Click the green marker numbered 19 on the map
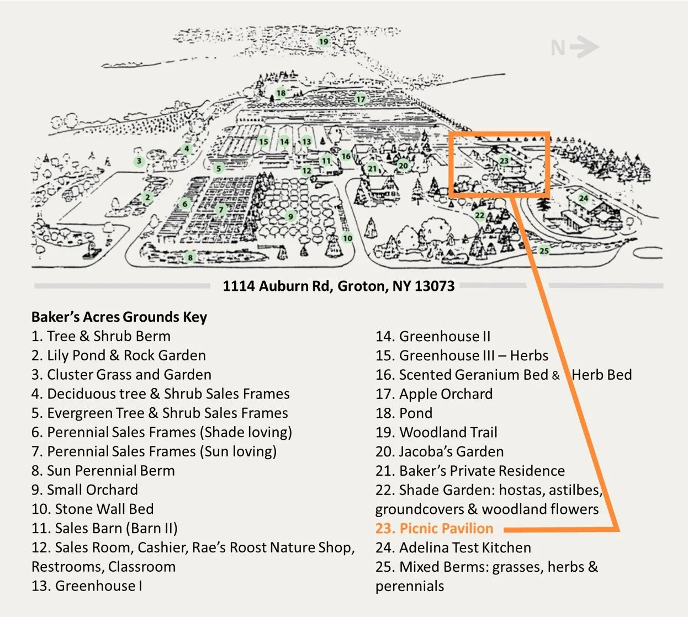pyautogui.click(x=324, y=41)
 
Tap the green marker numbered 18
pyautogui.click(x=281, y=93)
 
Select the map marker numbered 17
pyautogui.click(x=361, y=99)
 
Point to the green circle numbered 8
pyautogui.click(x=190, y=257)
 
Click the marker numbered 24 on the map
pyautogui.click(x=583, y=198)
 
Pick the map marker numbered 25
pyautogui.click(x=544, y=251)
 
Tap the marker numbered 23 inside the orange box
pyautogui.click(x=504, y=161)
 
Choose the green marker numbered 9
pyautogui.click(x=290, y=216)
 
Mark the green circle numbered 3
pyautogui.click(x=139, y=162)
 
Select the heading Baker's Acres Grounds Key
pyautogui.click(x=119, y=317)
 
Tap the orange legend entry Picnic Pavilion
pyautogui.click(x=435, y=528)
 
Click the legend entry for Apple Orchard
pyautogui.click(x=434, y=394)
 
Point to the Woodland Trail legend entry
pyautogui.click(x=436, y=432)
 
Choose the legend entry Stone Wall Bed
pyautogui.click(x=93, y=509)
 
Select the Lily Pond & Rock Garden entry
pyautogui.click(x=119, y=355)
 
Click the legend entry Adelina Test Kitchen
pyautogui.click(x=453, y=547)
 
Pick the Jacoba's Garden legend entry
pyautogui.click(x=440, y=451)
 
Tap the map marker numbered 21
pyautogui.click(x=372, y=169)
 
